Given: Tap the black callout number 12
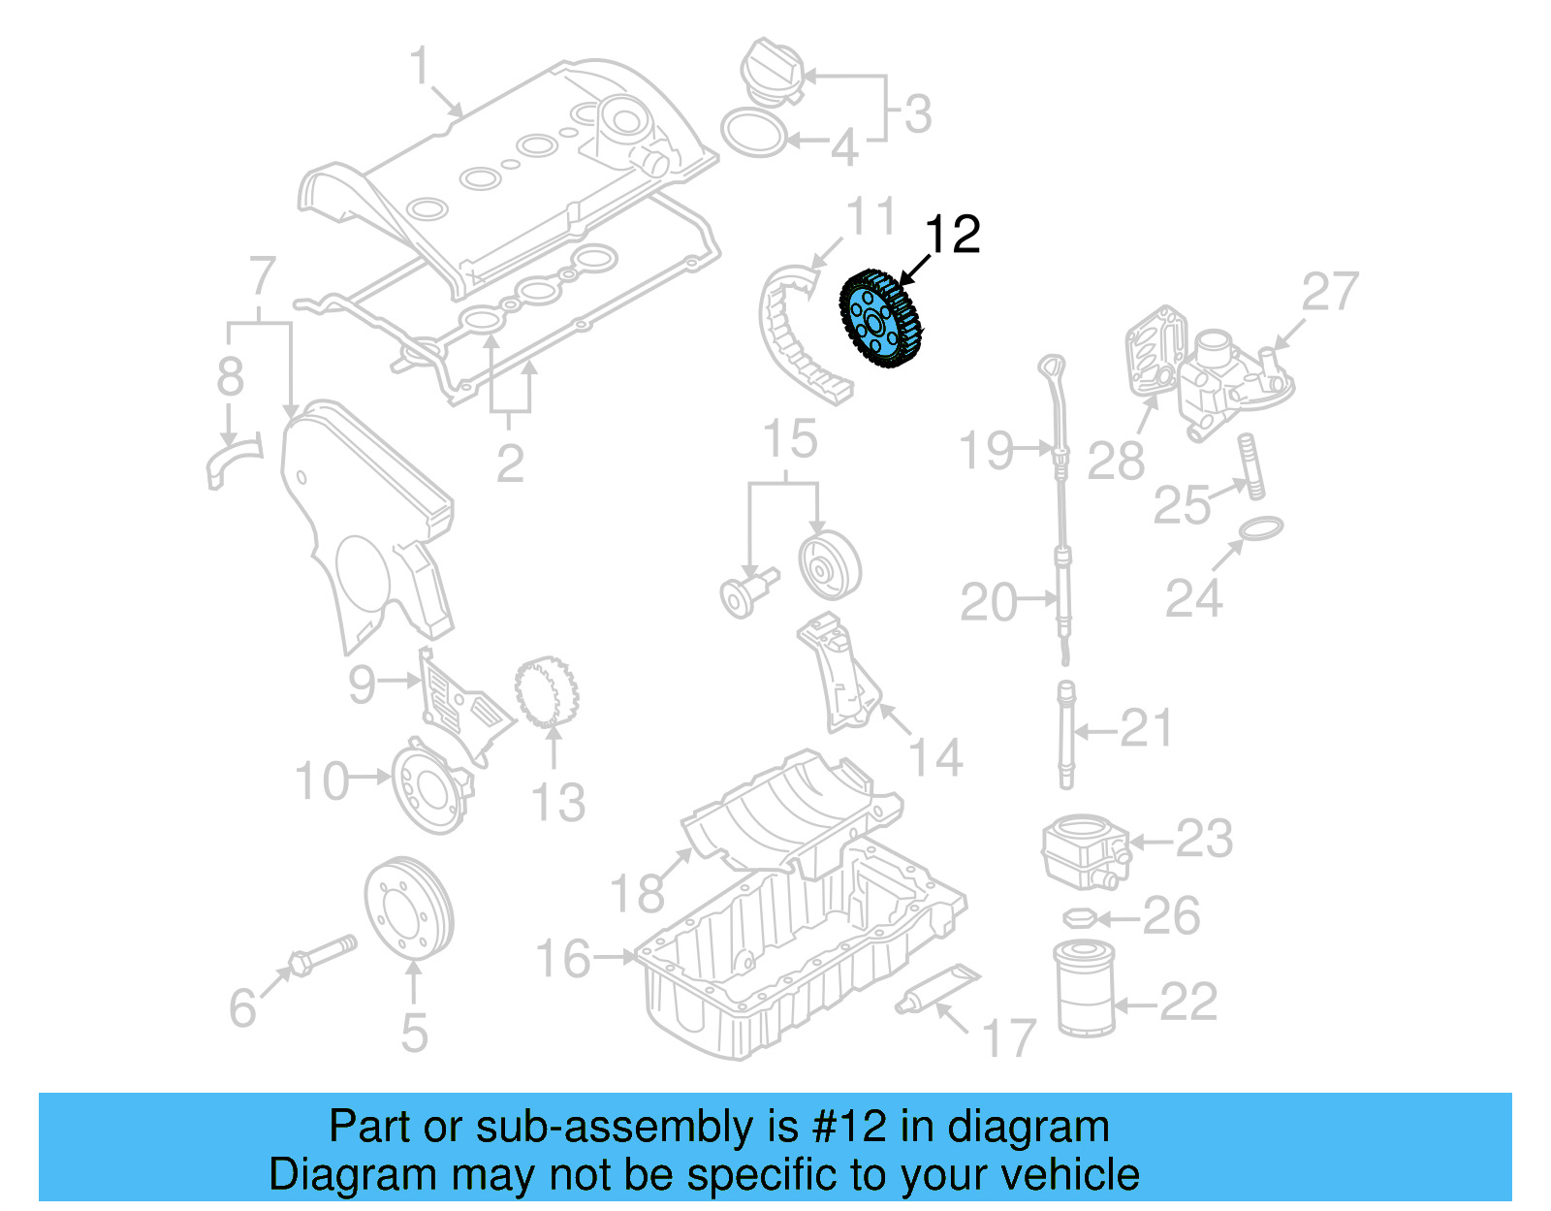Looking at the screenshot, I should pyautogui.click(x=952, y=235).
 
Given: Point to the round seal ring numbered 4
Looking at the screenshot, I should pyautogui.click(x=754, y=133).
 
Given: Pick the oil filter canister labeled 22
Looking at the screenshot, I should pyautogui.click(x=1084, y=987).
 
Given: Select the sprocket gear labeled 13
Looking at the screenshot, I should pyautogui.click(x=548, y=692).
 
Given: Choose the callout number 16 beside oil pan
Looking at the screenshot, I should pyautogui.click(x=563, y=958).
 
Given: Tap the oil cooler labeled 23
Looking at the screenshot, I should pyautogui.click(x=1084, y=851).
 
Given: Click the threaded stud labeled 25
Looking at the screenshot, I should pyautogui.click(x=1251, y=466).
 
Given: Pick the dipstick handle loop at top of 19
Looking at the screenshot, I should pyautogui.click(x=1052, y=367).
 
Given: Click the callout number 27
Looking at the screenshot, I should pyautogui.click(x=1329, y=291).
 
